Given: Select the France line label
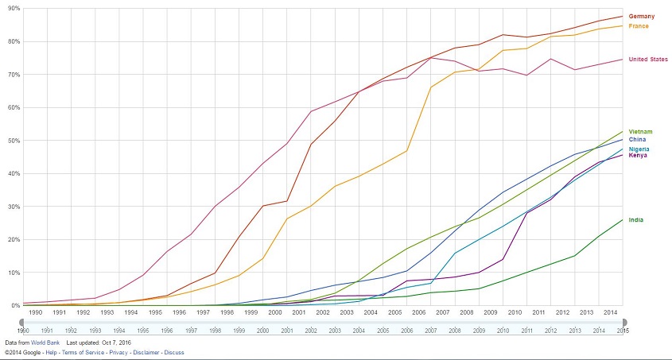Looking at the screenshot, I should pyautogui.click(x=639, y=26).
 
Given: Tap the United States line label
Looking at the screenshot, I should pyautogui.click(x=648, y=60).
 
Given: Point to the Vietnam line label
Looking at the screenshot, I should pyautogui.click(x=640, y=131).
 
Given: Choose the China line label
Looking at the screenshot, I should pyautogui.click(x=637, y=140).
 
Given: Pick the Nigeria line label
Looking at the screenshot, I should pyautogui.click(x=639, y=149).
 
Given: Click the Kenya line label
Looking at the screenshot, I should pyautogui.click(x=638, y=156).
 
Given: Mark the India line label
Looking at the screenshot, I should pyautogui.click(x=636, y=219).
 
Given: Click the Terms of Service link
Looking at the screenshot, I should pyautogui.click(x=84, y=351).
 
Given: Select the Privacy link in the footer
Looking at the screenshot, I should pyautogui.click(x=118, y=351).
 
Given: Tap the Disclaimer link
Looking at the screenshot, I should pyautogui.click(x=146, y=351).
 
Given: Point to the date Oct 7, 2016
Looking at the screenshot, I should pyautogui.click(x=116, y=343).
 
